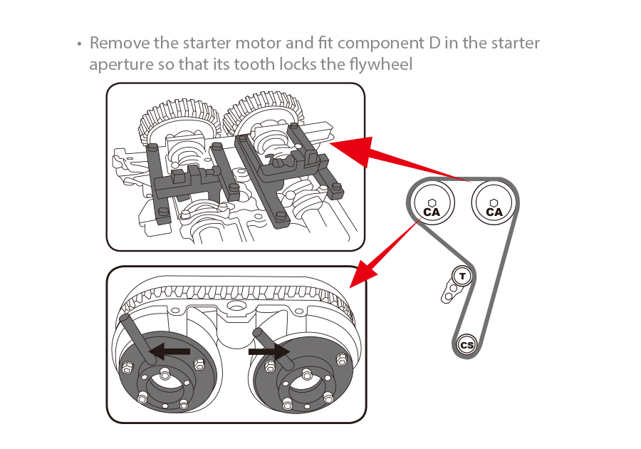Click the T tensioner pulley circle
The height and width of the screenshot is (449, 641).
tap(463, 276)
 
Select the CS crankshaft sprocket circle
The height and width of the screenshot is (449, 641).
tap(467, 345)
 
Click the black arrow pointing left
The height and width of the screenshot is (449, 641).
tap(169, 351)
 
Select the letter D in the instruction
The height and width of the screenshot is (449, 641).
tap(434, 43)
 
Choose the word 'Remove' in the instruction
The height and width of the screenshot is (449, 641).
tap(118, 43)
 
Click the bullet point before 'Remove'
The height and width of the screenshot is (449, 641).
tap(80, 43)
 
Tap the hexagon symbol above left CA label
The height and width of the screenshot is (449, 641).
tap(432, 202)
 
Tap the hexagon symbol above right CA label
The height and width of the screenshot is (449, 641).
tap(494, 202)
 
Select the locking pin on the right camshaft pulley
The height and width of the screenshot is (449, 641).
tap(270, 346)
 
